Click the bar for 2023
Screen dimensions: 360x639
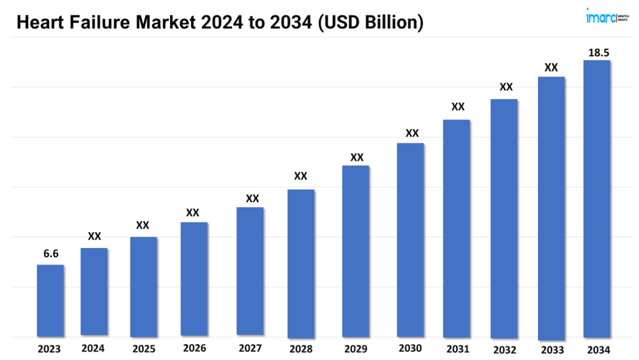[x=50, y=301]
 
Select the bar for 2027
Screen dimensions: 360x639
[x=250, y=271]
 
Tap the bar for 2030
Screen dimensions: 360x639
[x=410, y=240]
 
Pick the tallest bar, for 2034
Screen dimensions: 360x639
[x=597, y=198]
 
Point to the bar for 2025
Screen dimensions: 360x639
[x=144, y=286]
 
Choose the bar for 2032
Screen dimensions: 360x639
[x=504, y=218]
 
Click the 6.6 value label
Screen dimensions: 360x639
[x=51, y=254]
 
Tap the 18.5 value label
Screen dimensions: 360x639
[x=598, y=53]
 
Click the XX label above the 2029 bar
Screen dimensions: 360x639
[x=357, y=157]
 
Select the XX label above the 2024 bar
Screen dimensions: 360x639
[x=95, y=237]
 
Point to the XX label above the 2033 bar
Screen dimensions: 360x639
[x=551, y=67]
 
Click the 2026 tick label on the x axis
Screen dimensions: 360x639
[x=194, y=348]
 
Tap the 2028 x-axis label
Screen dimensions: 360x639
[x=300, y=349]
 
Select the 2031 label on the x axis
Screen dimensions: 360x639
[x=458, y=349]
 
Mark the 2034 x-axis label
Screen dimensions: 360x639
[x=598, y=350]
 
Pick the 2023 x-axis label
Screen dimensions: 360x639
[x=49, y=349]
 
